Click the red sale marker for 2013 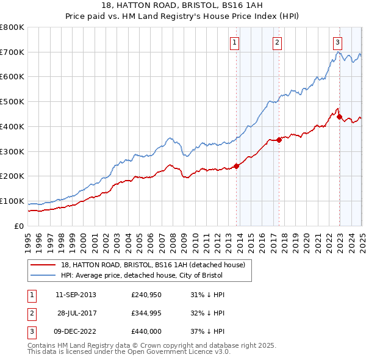click(236, 166)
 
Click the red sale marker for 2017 click(279, 140)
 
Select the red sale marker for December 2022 click(339, 117)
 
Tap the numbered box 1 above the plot click(234, 42)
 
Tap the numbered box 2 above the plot click(277, 42)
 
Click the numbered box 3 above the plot click(337, 42)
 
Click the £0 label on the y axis click(19, 226)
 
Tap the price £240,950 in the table click(145, 295)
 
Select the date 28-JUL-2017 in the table click(77, 314)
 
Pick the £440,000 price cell click(145, 333)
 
